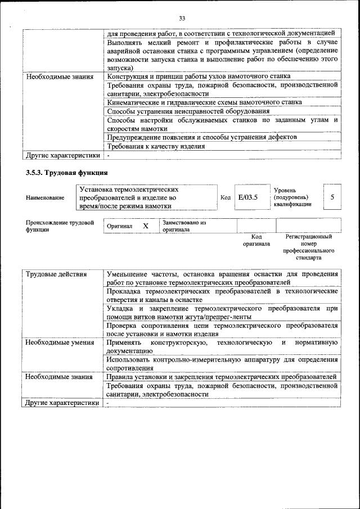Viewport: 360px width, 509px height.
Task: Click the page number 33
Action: (x=182, y=19)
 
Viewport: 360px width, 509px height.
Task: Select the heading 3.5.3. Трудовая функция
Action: (x=66, y=172)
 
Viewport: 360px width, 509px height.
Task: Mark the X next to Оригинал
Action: (x=146, y=226)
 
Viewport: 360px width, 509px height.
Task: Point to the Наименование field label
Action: (x=45, y=198)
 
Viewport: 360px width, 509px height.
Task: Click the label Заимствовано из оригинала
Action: (x=184, y=226)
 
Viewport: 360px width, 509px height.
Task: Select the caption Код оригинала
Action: (x=256, y=241)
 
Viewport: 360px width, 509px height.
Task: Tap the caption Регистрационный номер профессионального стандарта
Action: (x=309, y=247)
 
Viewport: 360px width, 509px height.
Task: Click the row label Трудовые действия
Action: (x=56, y=274)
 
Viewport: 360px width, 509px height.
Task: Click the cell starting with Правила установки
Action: (x=221, y=376)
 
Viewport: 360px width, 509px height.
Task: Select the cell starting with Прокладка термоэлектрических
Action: (x=222, y=295)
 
